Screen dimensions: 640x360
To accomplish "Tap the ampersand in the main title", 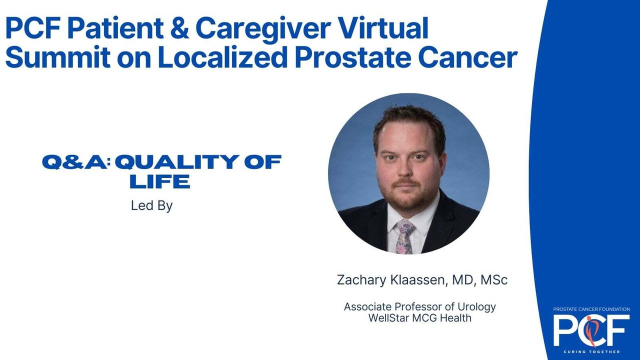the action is click(179, 28).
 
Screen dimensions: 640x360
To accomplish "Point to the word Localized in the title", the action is click(223, 57).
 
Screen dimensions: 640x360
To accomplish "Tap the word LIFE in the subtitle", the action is click(160, 181).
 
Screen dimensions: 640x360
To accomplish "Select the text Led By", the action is click(151, 205).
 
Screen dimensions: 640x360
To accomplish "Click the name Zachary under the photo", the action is click(361, 280).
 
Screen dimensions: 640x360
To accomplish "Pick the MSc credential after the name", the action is click(494, 280).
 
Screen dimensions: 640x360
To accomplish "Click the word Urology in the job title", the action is click(477, 307).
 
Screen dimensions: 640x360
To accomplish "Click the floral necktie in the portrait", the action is click(405, 237).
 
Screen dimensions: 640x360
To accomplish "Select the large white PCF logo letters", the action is click(591, 330).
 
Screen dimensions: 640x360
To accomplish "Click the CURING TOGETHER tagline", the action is click(591, 351).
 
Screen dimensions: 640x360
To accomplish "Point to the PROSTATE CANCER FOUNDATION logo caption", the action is click(591, 309).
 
